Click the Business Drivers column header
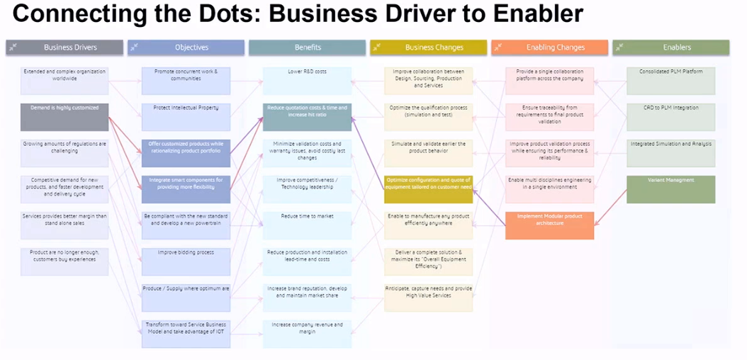pyautogui.click(x=64, y=47)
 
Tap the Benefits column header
pyautogui.click(x=307, y=47)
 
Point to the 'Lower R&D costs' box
pyautogui.click(x=307, y=81)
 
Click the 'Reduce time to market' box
pyautogui.click(x=307, y=225)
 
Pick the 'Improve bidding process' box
pyautogui.click(x=186, y=261)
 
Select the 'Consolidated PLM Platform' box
pyautogui.click(x=670, y=81)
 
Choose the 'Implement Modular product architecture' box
pyautogui.click(x=549, y=225)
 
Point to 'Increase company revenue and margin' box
pyautogui.click(x=307, y=333)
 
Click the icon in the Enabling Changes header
pyautogui.click(x=499, y=47)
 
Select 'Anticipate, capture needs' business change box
pyautogui.click(x=428, y=297)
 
